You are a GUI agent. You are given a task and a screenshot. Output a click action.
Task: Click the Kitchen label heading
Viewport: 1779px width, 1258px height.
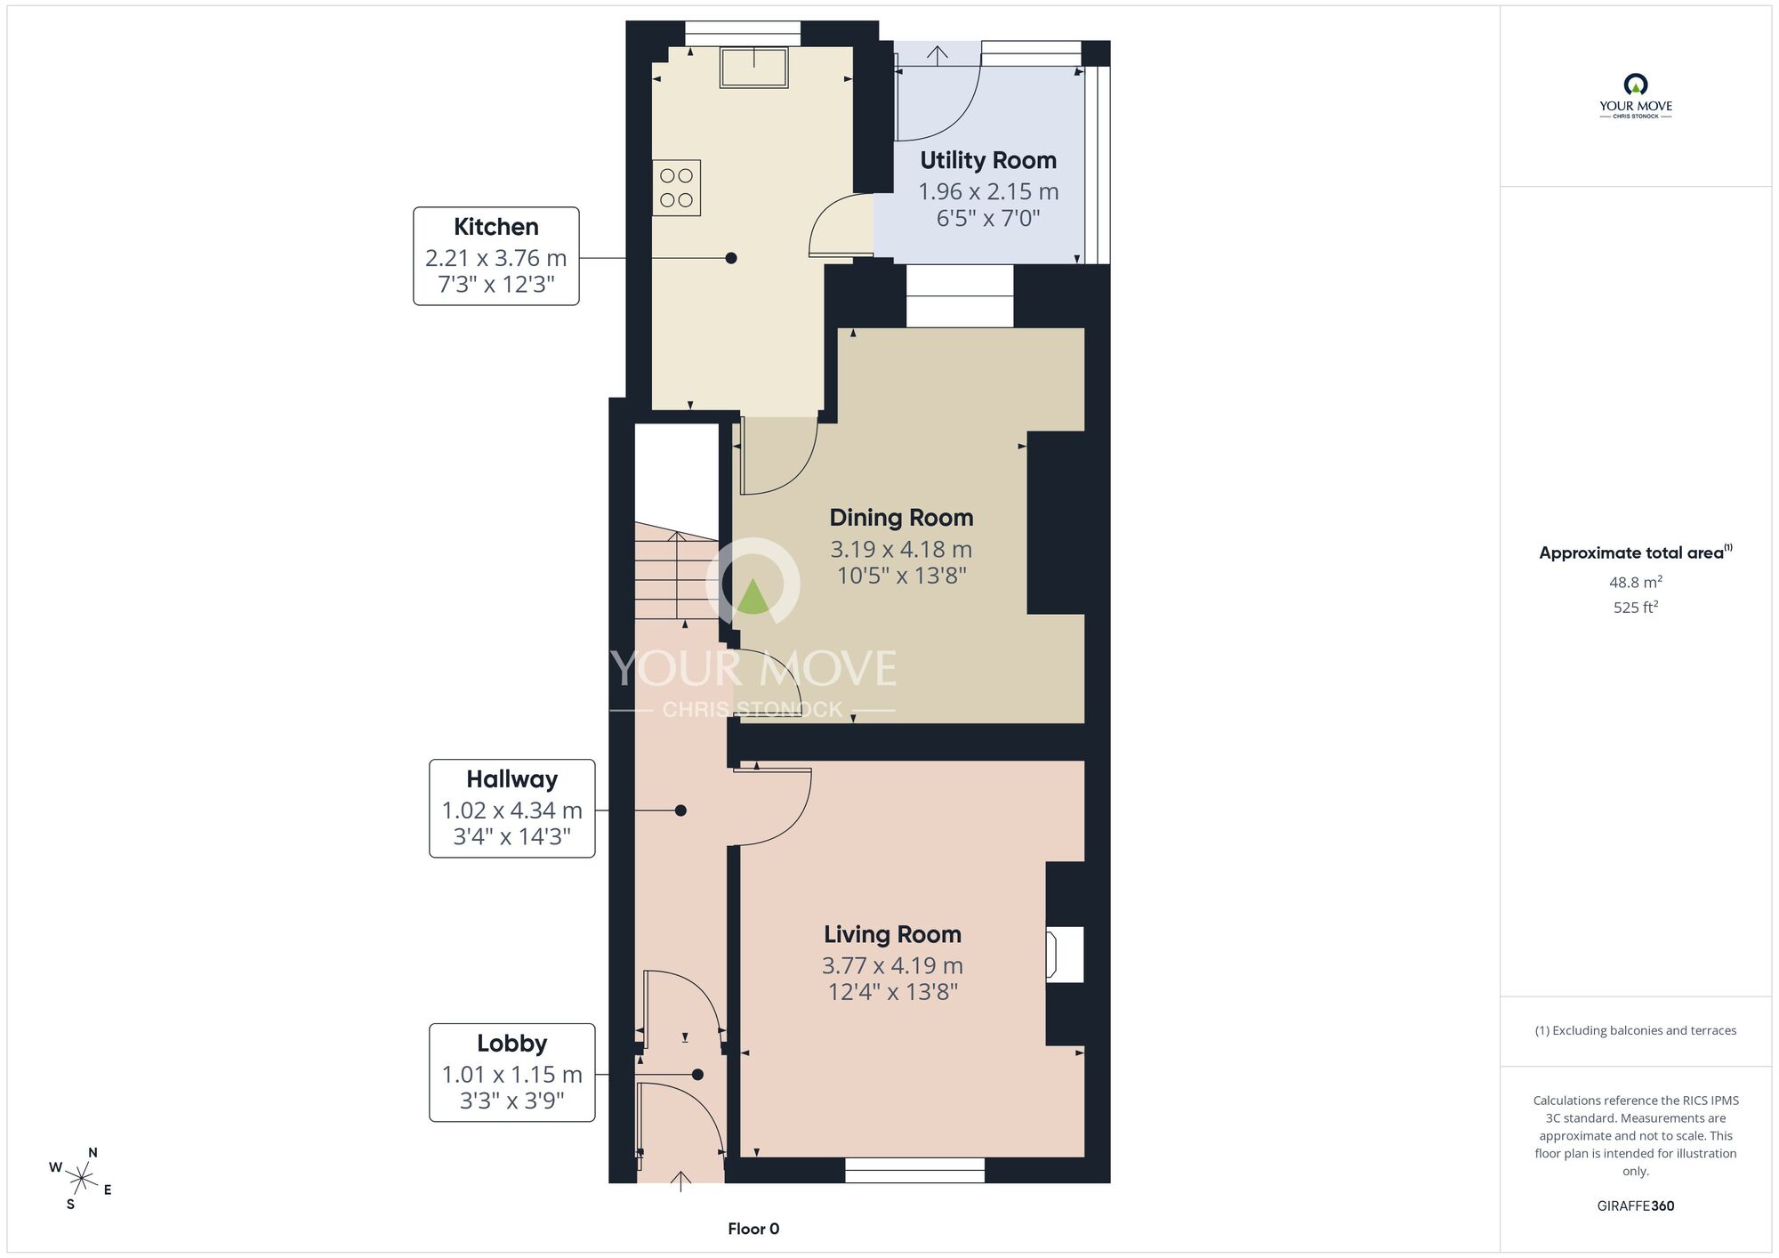tap(496, 227)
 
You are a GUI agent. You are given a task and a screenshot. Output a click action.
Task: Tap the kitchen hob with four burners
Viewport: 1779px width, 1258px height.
tap(677, 188)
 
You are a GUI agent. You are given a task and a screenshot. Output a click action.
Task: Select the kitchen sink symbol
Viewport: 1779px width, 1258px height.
tap(754, 68)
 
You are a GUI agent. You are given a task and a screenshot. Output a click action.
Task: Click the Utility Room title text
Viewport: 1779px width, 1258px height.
tap(988, 160)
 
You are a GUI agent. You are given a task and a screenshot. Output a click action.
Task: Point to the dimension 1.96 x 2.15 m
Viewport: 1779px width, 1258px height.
tap(988, 191)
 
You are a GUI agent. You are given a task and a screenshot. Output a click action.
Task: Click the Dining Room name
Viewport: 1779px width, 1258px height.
tap(901, 518)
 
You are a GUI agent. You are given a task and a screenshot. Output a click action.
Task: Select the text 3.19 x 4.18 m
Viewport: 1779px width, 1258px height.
tap(901, 549)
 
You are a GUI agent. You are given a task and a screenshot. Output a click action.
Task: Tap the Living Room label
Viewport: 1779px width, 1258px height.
tap(892, 934)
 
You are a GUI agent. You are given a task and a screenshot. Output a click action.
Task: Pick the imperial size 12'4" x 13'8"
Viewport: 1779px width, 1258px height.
tap(892, 992)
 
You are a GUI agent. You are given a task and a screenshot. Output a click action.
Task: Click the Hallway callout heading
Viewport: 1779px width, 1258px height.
tap(512, 779)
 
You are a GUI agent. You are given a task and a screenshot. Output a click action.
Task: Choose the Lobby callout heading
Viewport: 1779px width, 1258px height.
tap(512, 1044)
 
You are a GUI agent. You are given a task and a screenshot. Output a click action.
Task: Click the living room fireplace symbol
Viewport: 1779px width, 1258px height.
tap(1065, 954)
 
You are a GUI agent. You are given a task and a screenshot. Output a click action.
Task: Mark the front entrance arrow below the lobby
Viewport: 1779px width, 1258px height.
tap(680, 1181)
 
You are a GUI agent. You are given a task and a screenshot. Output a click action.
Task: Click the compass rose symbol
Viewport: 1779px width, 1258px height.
tap(81, 1180)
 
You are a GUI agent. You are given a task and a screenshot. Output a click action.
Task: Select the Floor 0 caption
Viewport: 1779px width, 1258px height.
tap(753, 1229)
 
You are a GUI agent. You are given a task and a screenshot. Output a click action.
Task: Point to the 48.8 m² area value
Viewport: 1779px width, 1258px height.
tap(1636, 582)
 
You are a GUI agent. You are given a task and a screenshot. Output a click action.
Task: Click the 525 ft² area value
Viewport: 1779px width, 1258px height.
tap(1636, 607)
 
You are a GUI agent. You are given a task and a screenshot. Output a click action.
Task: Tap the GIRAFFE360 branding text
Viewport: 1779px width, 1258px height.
tap(1636, 1206)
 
